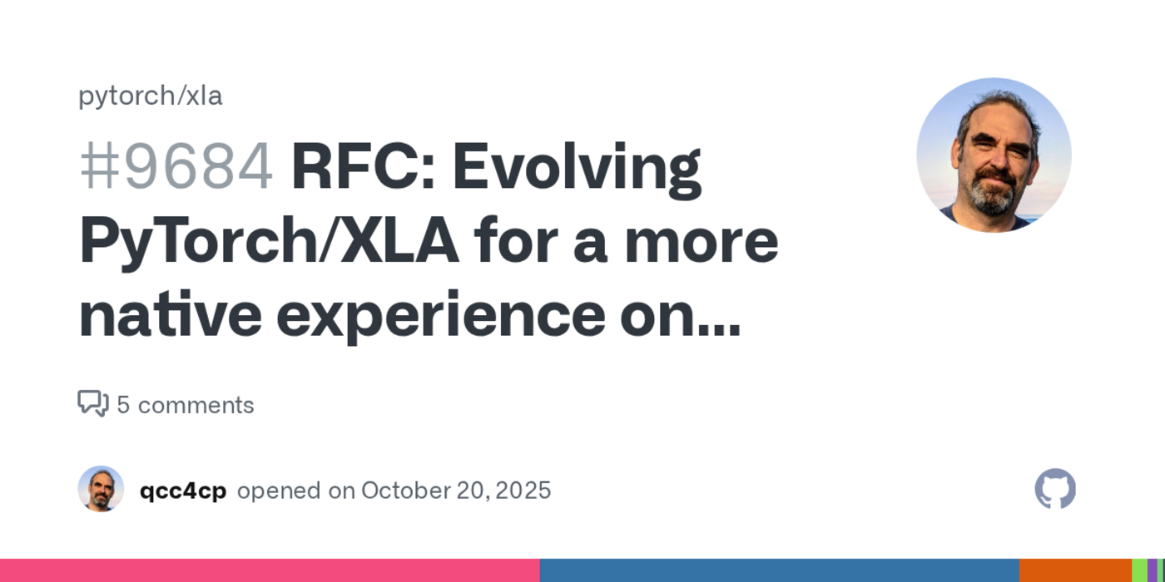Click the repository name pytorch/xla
(x=150, y=96)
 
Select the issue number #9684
(x=176, y=166)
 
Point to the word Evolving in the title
(x=576, y=166)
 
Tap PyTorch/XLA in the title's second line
(x=268, y=241)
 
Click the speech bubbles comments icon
(x=93, y=404)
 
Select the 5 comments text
(x=185, y=405)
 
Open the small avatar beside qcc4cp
(x=101, y=489)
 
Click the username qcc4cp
(x=182, y=491)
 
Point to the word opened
(x=280, y=491)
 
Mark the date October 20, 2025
(x=455, y=491)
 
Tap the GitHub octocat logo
(x=1054, y=489)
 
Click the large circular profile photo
(x=994, y=155)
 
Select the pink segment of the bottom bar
(x=270, y=570)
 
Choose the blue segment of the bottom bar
(x=779, y=570)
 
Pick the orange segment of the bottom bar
(x=1075, y=570)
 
